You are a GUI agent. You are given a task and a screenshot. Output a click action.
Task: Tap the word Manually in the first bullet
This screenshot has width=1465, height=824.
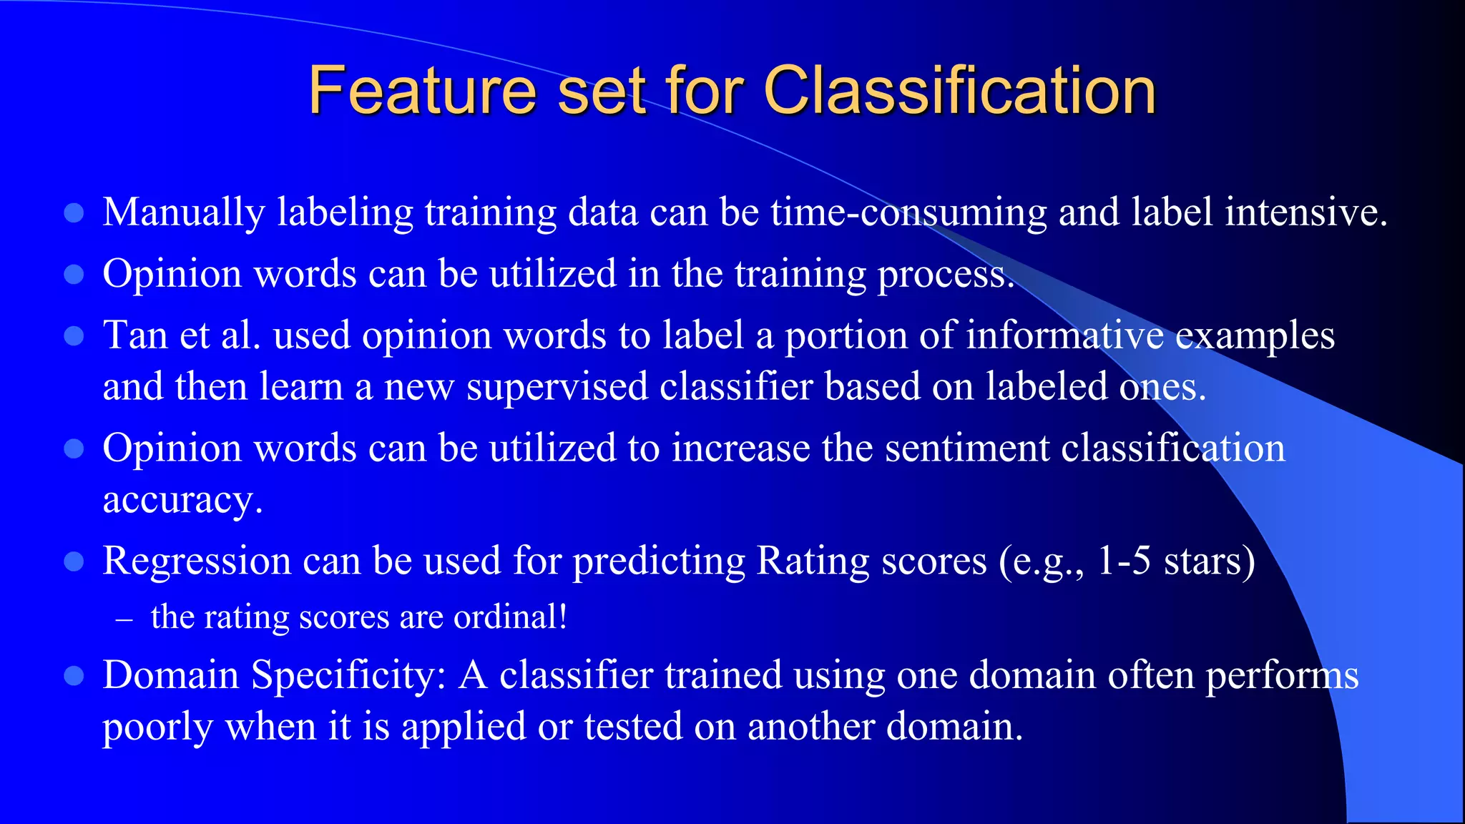184,213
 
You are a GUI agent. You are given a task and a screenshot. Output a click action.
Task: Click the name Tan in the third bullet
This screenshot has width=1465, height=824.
135,335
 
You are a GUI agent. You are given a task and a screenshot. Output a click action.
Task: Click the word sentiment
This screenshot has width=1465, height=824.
966,448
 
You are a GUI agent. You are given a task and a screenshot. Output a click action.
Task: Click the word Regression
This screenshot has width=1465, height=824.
197,561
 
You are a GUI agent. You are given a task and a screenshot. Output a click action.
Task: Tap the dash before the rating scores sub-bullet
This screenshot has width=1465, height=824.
124,618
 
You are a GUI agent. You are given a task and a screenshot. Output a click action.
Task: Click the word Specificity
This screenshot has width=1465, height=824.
348,676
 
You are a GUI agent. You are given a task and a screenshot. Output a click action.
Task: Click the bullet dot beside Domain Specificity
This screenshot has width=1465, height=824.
74,676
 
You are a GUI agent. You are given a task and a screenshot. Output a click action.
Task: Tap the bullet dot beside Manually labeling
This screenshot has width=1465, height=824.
74,213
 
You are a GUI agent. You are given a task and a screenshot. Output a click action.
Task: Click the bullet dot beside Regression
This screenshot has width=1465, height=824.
74,561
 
